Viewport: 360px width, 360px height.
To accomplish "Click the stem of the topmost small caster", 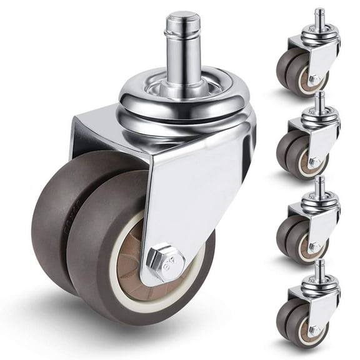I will [x=319, y=19].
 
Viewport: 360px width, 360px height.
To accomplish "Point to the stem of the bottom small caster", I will [x=319, y=269].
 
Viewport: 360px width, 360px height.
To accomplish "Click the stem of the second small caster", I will [x=319, y=102].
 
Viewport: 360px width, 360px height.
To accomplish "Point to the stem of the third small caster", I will [x=319, y=186].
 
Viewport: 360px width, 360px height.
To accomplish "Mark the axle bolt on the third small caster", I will [x=314, y=247].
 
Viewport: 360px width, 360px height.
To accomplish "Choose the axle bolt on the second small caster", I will [x=314, y=163].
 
